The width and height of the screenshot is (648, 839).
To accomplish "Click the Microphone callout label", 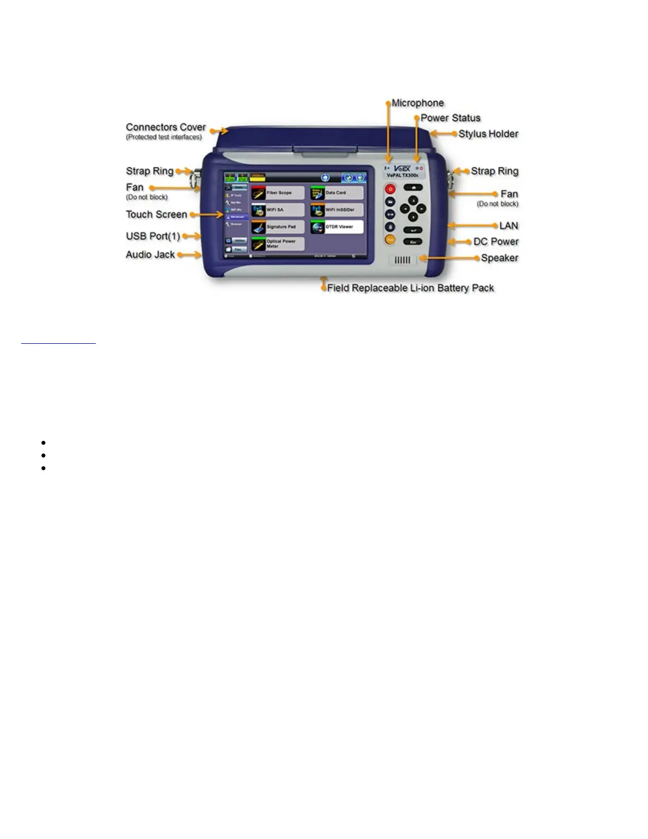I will click(418, 103).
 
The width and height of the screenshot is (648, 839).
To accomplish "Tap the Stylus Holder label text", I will click(488, 134).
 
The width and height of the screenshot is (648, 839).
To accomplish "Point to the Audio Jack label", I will click(150, 255).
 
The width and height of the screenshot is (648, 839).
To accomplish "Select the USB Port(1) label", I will click(153, 236).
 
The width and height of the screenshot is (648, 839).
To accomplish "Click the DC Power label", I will click(496, 242).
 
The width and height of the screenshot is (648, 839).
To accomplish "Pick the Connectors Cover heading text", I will click(166, 127).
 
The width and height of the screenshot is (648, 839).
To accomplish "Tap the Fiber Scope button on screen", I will click(278, 193).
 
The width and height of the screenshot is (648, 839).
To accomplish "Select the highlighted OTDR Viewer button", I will click(337, 227).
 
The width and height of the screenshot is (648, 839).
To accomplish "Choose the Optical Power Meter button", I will click(278, 244).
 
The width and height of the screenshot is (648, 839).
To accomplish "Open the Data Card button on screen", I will click(337, 193).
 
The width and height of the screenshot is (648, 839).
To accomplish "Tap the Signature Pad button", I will click(278, 227).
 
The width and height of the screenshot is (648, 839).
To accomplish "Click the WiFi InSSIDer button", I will click(337, 210).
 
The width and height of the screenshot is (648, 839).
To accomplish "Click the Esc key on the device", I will click(413, 242).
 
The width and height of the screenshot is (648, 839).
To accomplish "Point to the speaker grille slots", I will click(403, 260).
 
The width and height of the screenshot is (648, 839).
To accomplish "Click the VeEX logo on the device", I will click(402, 168).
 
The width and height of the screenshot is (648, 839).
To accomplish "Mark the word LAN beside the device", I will click(509, 226).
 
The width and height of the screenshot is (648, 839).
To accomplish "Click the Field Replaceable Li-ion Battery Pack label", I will click(410, 288).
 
